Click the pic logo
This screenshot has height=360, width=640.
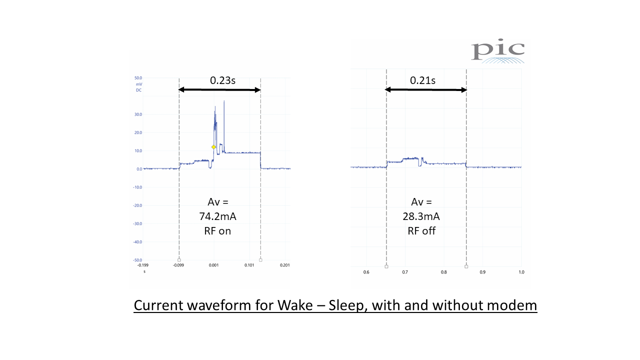(498, 52)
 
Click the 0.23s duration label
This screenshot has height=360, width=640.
(222, 80)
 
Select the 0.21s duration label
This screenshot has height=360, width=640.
(423, 80)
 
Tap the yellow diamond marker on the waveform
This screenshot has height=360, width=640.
(213, 147)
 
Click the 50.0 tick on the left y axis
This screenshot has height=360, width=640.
(138, 78)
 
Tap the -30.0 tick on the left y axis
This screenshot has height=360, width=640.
(137, 223)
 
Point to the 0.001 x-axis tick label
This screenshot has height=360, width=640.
(214, 265)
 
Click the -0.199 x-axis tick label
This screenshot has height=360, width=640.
(143, 265)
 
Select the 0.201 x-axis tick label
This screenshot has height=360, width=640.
(285, 265)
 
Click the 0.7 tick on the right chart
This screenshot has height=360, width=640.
(405, 272)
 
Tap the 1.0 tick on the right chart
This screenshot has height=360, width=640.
(521, 272)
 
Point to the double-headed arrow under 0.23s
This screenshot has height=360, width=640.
(219, 90)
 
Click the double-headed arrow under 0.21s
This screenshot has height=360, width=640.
(425, 90)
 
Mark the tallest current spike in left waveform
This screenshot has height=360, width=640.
(224, 101)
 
